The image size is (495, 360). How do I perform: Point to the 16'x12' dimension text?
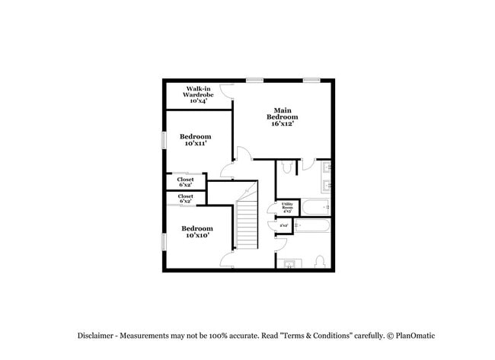(282, 124)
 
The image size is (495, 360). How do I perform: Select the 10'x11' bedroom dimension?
(196, 143)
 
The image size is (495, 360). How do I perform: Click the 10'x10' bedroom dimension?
(196, 235)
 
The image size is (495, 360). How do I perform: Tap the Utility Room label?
(287, 205)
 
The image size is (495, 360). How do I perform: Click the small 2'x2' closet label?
(283, 225)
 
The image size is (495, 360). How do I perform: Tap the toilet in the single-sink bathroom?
(321, 261)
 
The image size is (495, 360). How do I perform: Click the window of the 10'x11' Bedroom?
(164, 142)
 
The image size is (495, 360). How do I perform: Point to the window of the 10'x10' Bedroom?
(164, 241)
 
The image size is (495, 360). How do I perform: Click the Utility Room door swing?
(271, 210)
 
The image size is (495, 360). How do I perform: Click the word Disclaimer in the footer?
(95, 336)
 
